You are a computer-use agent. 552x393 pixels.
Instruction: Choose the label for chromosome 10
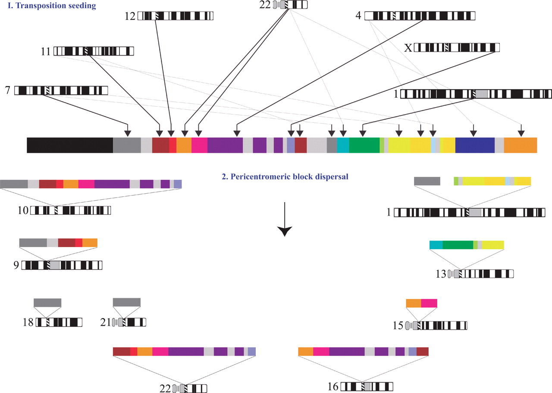[23, 211]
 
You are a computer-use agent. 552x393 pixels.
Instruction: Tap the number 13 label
[441, 274]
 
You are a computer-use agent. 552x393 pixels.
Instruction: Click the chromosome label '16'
[332, 387]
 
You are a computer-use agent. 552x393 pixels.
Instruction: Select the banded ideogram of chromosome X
[457, 47]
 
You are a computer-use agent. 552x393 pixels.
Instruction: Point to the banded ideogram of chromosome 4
[420, 16]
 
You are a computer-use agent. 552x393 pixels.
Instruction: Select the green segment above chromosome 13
[458, 245]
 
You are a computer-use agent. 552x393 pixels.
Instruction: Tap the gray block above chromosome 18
[47, 303]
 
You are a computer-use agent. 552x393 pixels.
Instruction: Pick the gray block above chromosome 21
[126, 302]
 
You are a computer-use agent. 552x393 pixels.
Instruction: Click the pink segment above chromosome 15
[429, 303]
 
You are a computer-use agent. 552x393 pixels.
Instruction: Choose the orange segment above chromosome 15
[414, 303]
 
